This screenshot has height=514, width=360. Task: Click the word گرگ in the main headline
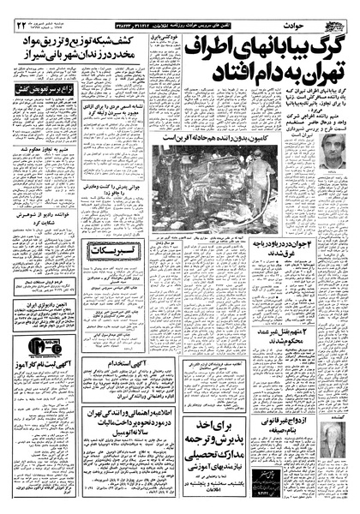click(330, 51)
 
